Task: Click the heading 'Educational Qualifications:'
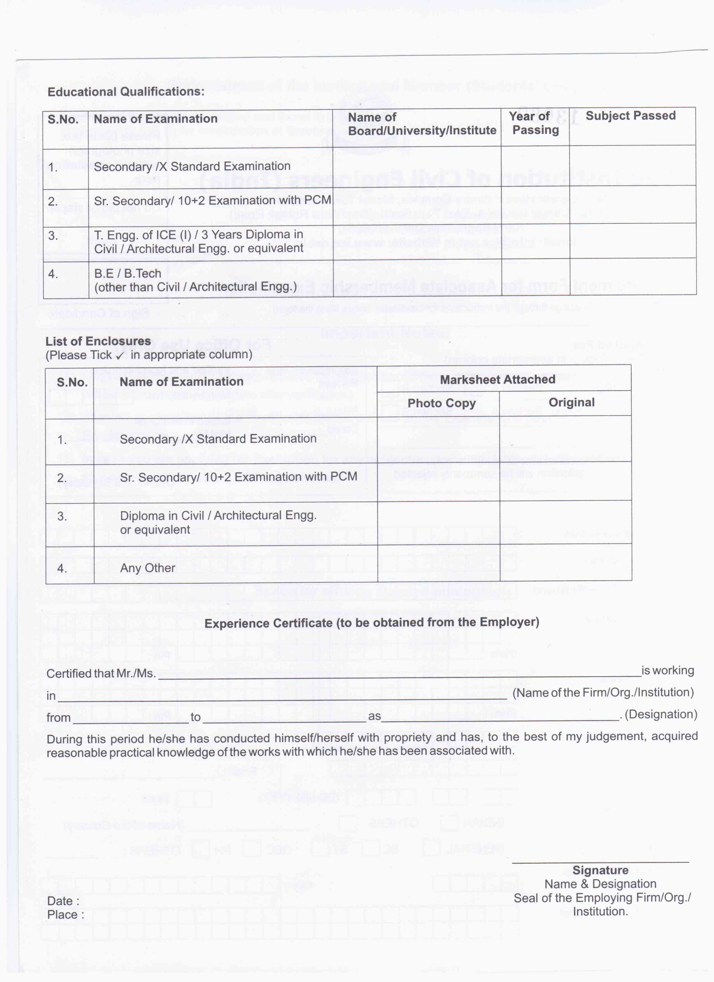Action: pyautogui.click(x=126, y=92)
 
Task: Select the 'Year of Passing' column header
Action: pyautogui.click(x=534, y=123)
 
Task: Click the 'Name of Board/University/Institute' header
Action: pyautogui.click(x=422, y=124)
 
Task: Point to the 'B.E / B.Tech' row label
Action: pyautogui.click(x=127, y=274)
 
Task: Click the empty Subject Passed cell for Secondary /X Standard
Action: pyautogui.click(x=632, y=165)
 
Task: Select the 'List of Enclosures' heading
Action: pyautogui.click(x=98, y=341)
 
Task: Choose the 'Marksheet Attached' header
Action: pyautogui.click(x=497, y=379)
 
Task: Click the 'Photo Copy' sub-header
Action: pyautogui.click(x=442, y=403)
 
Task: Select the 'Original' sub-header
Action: pyautogui.click(x=571, y=402)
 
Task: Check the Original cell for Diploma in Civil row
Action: pyautogui.click(x=565, y=522)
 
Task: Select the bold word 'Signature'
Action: pyautogui.click(x=600, y=870)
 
